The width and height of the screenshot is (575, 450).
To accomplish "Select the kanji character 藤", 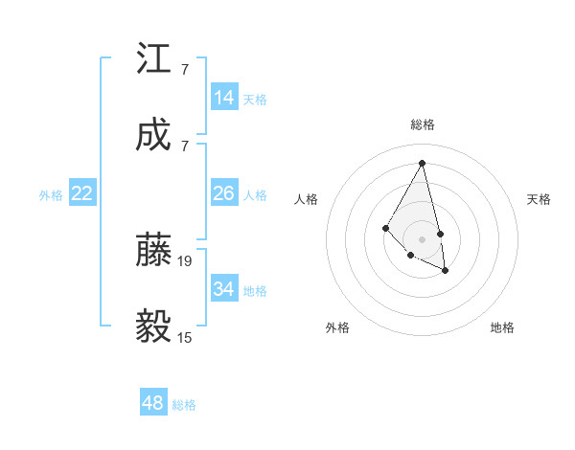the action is (154, 250).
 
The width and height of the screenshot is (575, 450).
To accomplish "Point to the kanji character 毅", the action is (154, 326).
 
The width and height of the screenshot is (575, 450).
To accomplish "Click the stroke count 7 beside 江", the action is (185, 69).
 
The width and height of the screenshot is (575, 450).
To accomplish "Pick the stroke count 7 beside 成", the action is (185, 146).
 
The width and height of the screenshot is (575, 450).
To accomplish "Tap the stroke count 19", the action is (186, 260).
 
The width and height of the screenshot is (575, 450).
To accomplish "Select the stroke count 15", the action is (186, 337).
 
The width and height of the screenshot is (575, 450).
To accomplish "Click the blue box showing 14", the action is (224, 98).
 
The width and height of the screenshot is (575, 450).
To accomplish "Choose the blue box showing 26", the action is (224, 193).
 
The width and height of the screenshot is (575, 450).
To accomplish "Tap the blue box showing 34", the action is (224, 289).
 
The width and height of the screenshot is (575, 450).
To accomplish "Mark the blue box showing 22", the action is (82, 193).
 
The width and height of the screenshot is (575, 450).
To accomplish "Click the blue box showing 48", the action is (153, 403).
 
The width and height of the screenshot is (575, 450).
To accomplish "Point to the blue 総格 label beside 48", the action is (184, 405).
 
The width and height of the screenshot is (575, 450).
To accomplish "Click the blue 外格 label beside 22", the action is (51, 194).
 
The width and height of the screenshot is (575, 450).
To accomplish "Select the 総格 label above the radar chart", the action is (422, 124).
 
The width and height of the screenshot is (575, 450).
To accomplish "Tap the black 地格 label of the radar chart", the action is (502, 327).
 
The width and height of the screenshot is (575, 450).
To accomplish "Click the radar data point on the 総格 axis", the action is (422, 162).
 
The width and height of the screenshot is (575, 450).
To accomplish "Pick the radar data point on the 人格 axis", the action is (385, 227).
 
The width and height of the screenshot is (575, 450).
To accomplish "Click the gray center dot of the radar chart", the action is (422, 238).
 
